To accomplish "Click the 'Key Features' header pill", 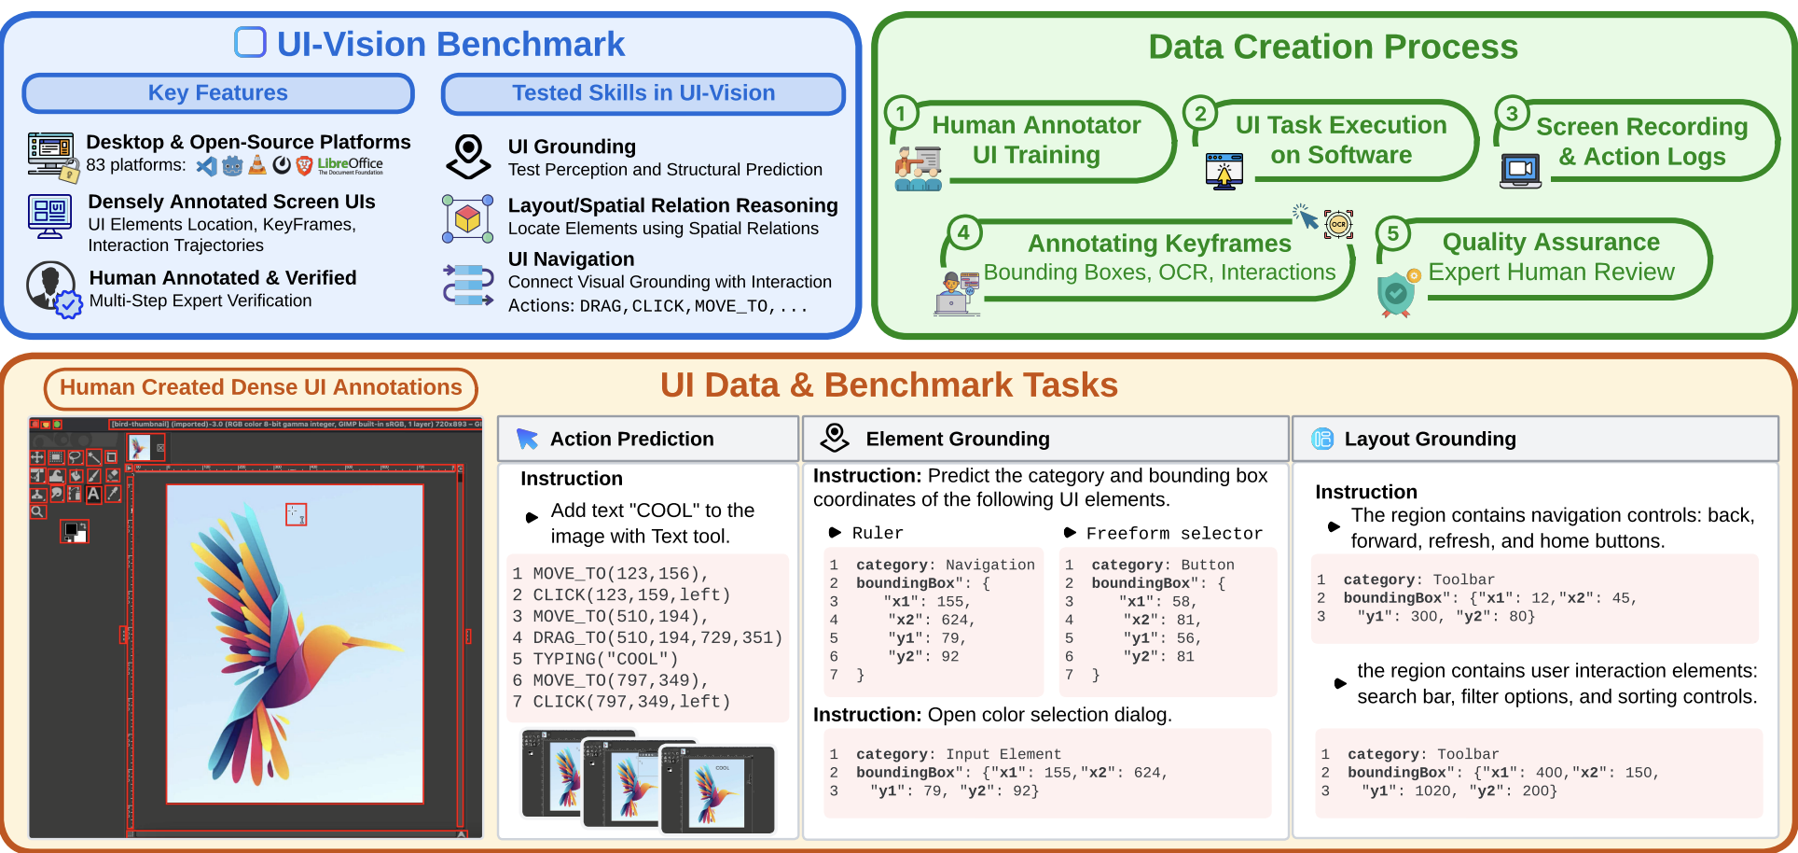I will (217, 93).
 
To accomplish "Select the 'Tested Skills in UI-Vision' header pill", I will (643, 93).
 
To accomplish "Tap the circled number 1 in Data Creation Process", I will (901, 114).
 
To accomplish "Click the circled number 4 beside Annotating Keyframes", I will (963, 232).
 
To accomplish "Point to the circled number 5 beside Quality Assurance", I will (1392, 233).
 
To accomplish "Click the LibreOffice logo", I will (350, 165).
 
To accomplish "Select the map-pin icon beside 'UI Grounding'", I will (468, 156).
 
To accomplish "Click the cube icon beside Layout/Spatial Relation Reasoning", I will (468, 219).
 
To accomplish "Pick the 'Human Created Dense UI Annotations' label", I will (260, 388).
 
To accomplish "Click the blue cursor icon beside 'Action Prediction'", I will (527, 439).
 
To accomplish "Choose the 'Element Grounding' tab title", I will (957, 439).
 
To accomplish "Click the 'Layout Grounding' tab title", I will (1430, 439).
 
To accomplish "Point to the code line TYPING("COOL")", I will (605, 659).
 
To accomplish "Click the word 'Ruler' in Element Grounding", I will (878, 533).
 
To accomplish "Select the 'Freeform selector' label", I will (1174, 533).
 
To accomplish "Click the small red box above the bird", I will (296, 514).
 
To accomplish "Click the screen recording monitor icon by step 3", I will (1520, 170).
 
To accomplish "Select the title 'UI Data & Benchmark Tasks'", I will (889, 385).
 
